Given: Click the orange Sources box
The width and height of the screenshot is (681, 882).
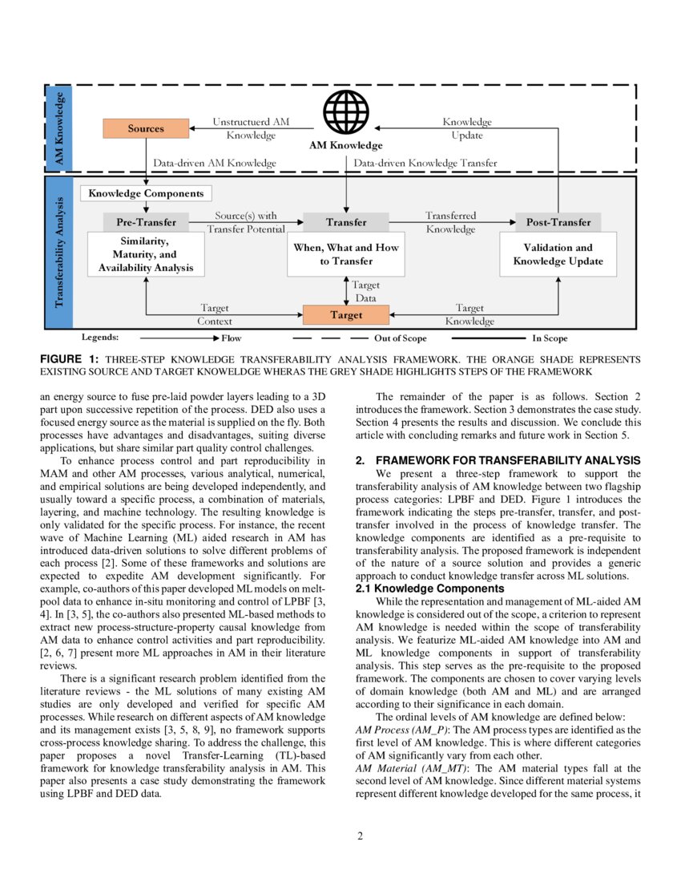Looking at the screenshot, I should click(x=146, y=128).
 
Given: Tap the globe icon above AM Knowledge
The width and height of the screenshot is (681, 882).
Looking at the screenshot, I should click(x=346, y=113).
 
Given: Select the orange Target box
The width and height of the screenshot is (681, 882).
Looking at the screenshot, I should click(x=346, y=315).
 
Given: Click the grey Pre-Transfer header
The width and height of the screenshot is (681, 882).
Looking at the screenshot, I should click(x=146, y=222).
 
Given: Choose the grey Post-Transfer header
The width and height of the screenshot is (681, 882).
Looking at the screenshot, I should click(x=558, y=222).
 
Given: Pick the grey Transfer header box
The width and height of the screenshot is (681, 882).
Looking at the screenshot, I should click(x=346, y=222).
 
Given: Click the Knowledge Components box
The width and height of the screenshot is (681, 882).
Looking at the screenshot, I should click(x=146, y=193).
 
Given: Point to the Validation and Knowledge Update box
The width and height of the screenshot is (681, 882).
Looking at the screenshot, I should click(x=558, y=254).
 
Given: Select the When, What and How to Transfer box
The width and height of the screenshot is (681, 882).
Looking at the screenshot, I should click(x=346, y=254).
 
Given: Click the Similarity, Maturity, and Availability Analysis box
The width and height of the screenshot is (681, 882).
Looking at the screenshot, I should click(x=146, y=254).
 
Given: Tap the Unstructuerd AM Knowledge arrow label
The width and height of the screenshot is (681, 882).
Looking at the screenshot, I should click(x=251, y=128).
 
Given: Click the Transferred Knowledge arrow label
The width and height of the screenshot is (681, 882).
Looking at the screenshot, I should click(x=450, y=222).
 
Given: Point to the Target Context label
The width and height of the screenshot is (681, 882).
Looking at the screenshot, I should click(x=215, y=314).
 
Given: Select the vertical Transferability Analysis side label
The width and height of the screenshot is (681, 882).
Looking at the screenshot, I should click(x=59, y=253).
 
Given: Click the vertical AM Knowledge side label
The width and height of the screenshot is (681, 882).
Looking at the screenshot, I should click(x=59, y=128).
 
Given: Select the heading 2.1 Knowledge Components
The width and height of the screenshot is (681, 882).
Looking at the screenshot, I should click(x=429, y=589).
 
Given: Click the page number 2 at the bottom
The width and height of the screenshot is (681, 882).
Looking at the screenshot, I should click(x=360, y=836).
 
